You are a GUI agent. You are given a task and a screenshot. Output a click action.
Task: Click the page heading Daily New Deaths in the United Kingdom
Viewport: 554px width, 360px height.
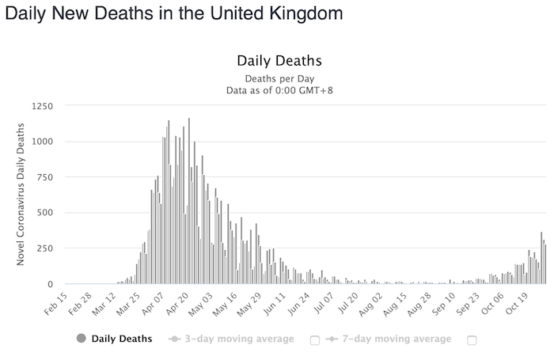point(173,13)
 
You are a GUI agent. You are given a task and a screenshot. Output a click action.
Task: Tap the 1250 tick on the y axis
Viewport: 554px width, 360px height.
point(44,105)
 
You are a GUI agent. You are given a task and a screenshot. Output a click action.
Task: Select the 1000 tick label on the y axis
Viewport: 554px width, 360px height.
point(44,142)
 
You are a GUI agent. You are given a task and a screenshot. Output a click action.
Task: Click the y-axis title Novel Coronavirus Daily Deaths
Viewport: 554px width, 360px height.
point(21,195)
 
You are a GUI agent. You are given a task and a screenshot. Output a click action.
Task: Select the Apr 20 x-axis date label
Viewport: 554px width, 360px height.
point(179,304)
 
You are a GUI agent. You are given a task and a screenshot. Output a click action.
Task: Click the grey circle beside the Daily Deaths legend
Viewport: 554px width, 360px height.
point(81,339)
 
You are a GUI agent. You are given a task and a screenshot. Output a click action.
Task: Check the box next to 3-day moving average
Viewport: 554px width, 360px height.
point(314,340)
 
